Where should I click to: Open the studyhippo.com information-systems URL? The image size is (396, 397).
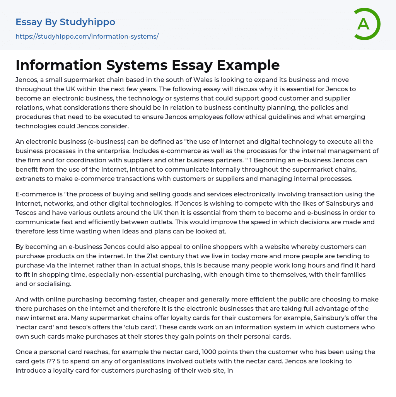87,36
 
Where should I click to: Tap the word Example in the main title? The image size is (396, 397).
248,65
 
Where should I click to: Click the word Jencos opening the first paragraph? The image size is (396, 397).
27,80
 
